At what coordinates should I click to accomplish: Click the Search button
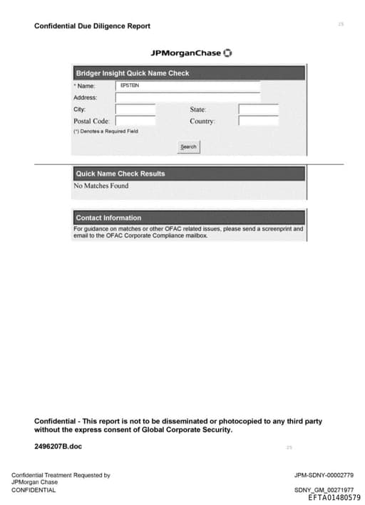pos(188,147)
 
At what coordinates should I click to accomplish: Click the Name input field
pos(187,85)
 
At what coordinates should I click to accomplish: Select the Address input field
pos(187,97)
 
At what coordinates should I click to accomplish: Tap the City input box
pos(135,110)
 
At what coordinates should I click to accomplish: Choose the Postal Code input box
pos(135,121)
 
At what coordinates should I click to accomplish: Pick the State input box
pos(258,110)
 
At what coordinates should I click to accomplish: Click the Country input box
pos(258,121)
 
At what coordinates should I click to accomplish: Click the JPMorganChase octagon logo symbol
pos(228,53)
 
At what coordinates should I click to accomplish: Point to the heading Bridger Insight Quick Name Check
pos(132,73)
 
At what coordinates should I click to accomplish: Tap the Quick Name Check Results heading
pos(120,174)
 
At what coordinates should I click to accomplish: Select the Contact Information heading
pos(108,218)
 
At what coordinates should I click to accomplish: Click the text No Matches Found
pos(101,186)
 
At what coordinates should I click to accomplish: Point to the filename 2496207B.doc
pos(58,446)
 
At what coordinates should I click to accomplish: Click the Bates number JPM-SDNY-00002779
pos(324,475)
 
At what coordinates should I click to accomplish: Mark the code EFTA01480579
pos(334,498)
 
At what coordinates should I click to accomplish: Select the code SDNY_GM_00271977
pos(324,490)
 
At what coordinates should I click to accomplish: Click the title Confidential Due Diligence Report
pos(92,26)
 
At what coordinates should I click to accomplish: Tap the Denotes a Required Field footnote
pos(106,132)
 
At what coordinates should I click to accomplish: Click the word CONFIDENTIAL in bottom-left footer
pos(34,490)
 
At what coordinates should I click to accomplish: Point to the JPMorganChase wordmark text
pos(185,53)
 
